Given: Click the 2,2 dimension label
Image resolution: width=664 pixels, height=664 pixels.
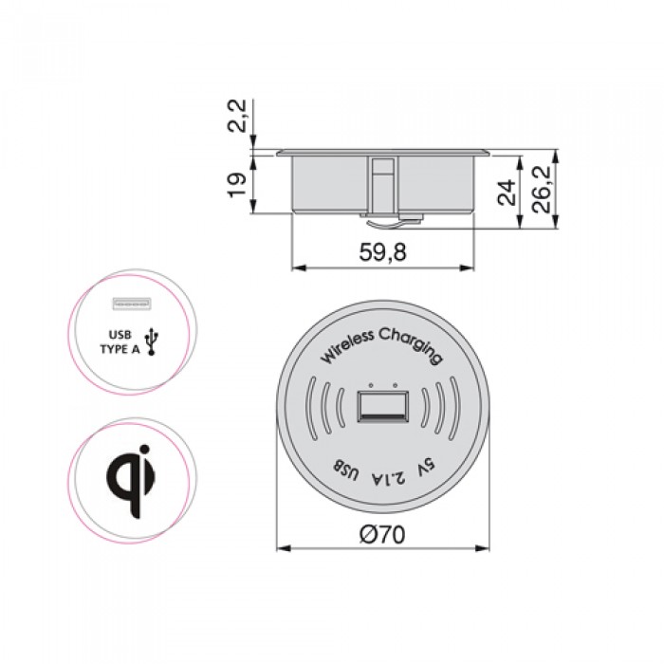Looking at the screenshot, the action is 237,116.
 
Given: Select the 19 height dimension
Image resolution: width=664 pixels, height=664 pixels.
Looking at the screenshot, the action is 237,184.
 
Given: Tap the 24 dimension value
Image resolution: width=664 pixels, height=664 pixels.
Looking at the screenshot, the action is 507,193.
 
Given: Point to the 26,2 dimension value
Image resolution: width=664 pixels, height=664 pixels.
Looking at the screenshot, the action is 542,190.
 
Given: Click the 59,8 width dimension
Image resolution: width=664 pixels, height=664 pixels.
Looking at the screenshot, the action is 382,252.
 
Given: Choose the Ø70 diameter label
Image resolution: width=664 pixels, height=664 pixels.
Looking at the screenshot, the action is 382,534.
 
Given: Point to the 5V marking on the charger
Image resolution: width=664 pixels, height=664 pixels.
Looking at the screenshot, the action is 426,470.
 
